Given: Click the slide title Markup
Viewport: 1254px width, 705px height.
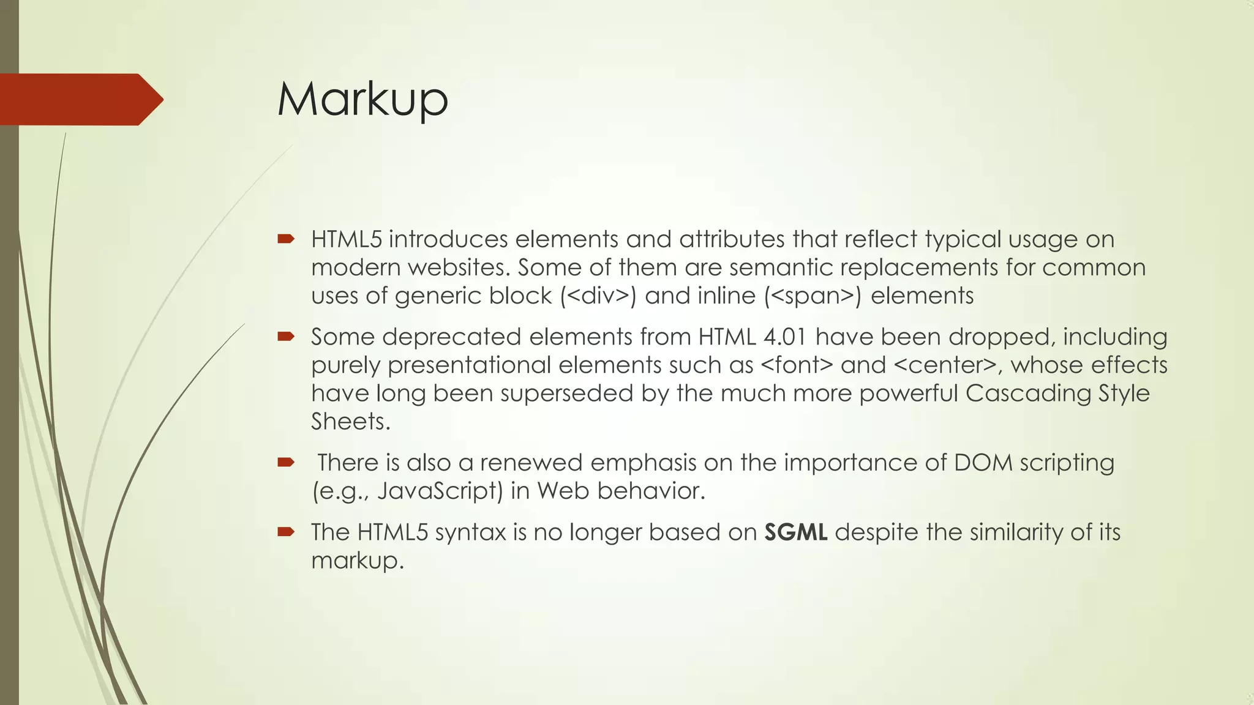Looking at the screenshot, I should click(x=362, y=99).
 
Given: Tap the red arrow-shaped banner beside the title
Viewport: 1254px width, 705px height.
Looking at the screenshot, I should click(x=80, y=99).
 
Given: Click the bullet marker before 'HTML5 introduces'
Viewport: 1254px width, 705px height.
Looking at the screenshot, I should click(x=286, y=239).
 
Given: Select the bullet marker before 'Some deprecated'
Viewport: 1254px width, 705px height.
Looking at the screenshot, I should click(x=286, y=336).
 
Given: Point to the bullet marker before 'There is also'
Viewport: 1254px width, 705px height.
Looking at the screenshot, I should click(x=286, y=462).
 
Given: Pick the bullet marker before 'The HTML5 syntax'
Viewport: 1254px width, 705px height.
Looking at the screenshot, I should click(x=286, y=532).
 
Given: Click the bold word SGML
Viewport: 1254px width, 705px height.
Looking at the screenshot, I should click(x=796, y=532).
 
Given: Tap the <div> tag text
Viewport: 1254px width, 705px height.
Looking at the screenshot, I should click(x=598, y=296).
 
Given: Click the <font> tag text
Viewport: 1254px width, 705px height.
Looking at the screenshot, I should click(x=797, y=365).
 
